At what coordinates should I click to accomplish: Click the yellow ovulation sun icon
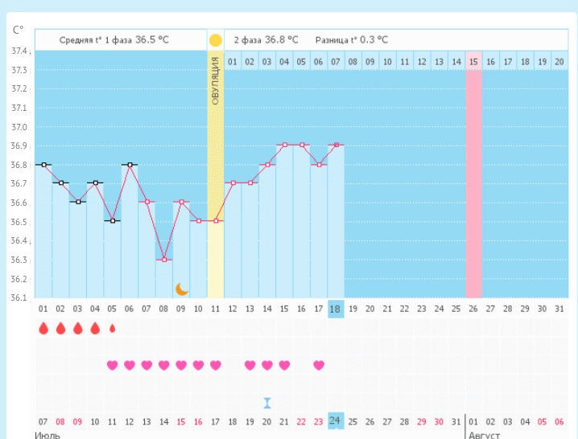point(215,39)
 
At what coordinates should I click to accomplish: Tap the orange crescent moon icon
point(182,289)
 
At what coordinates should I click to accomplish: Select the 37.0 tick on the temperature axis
point(19,127)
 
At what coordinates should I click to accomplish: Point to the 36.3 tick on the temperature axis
point(19,261)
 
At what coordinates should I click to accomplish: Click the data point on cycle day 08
point(164,260)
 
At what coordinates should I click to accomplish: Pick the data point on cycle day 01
point(43,165)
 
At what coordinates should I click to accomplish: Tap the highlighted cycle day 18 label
point(336,309)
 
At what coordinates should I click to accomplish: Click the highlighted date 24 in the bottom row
point(336,421)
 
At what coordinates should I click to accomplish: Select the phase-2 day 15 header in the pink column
point(473,61)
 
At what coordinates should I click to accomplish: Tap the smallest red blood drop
point(113,328)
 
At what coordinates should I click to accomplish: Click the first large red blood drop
point(43,328)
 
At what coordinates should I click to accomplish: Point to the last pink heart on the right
point(319,365)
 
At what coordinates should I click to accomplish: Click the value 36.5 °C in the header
point(151,39)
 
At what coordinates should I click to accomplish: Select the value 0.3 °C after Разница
point(372,39)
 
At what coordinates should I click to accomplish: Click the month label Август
point(483,435)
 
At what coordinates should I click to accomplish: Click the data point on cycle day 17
point(320,165)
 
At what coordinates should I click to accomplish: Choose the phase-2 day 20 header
point(559,61)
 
